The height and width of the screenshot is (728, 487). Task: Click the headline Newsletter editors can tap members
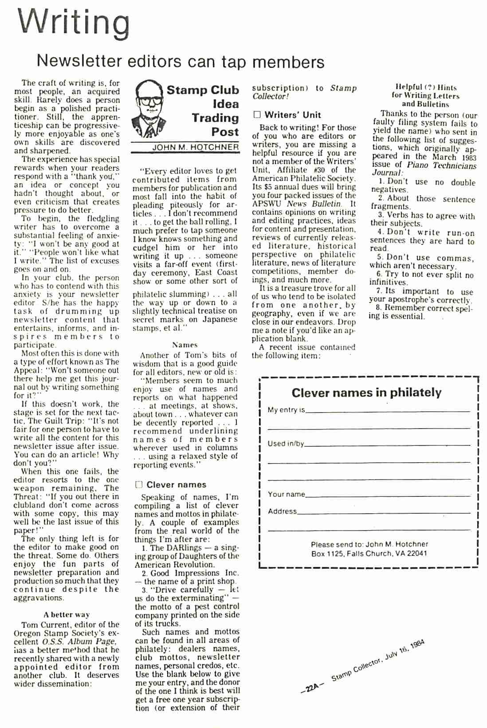click(x=180, y=61)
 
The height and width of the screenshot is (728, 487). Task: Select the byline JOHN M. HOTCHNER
click(x=195, y=147)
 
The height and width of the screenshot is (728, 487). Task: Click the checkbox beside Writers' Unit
click(x=257, y=115)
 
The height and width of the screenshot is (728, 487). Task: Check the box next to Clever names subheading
click(x=139, y=484)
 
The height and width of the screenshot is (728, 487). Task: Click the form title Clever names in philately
click(x=366, y=393)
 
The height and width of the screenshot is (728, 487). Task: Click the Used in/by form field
click(x=386, y=444)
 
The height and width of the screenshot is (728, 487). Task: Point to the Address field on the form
click(x=384, y=512)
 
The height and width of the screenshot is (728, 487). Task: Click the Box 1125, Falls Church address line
click(x=369, y=553)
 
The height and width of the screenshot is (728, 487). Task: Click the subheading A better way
click(x=67, y=614)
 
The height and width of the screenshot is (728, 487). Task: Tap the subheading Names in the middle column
click(x=185, y=345)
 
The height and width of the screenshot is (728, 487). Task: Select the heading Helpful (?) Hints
click(x=425, y=87)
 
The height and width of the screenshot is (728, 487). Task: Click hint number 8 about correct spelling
click(x=420, y=312)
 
